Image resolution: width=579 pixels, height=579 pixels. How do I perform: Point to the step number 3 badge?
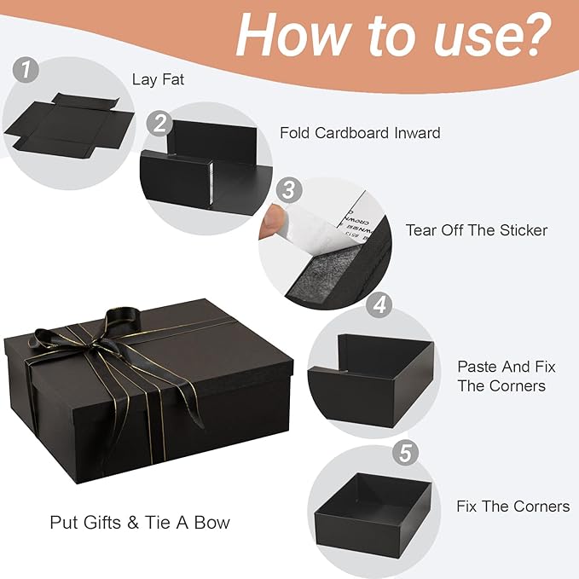[289, 188]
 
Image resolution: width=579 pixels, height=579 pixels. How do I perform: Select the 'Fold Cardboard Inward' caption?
[360, 133]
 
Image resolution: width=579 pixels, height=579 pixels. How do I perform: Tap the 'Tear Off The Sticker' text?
[476, 230]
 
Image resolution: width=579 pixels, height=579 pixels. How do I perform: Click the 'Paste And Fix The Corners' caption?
[507, 376]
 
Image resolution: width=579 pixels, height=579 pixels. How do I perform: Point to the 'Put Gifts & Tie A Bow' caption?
[140, 522]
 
